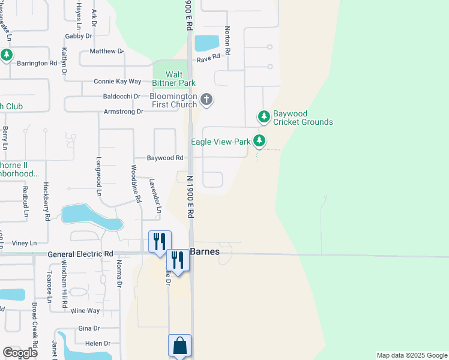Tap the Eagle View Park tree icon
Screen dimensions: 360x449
click(259, 142)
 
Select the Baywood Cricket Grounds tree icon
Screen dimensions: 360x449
click(263, 116)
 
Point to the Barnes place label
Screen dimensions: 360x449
click(205, 252)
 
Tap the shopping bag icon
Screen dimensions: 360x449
click(179, 346)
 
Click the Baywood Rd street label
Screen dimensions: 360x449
click(165, 158)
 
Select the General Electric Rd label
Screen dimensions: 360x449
click(80, 254)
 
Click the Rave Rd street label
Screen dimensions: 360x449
click(208, 58)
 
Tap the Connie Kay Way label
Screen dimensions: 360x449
click(117, 81)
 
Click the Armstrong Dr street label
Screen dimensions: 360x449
click(124, 112)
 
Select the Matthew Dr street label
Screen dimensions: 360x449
click(106, 52)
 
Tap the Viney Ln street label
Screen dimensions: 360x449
click(25, 243)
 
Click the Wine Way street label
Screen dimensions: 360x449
click(85, 311)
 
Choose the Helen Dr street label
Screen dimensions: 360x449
click(98, 344)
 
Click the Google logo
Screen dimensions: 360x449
click(20, 353)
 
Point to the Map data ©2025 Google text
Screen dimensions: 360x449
click(411, 355)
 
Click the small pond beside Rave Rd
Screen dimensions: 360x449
click(207, 43)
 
